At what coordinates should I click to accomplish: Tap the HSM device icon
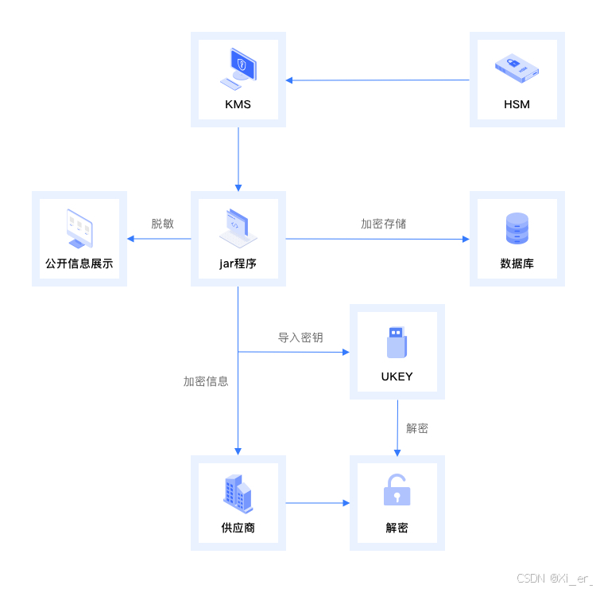pyautogui.click(x=517, y=68)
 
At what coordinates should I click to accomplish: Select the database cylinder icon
pyautogui.click(x=517, y=228)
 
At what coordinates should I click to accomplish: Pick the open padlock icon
pyautogui.click(x=397, y=490)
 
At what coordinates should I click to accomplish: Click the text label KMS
pyautogui.click(x=238, y=104)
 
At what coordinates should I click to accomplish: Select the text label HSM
pyautogui.click(x=517, y=104)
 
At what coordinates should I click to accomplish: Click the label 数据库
pyautogui.click(x=517, y=263)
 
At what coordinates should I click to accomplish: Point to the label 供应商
pyautogui.click(x=238, y=528)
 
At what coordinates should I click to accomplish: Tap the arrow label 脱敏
pyautogui.click(x=162, y=224)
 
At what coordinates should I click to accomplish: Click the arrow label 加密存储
pyautogui.click(x=383, y=224)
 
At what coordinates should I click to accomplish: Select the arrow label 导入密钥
pyautogui.click(x=300, y=337)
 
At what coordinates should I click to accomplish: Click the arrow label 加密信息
pyautogui.click(x=206, y=381)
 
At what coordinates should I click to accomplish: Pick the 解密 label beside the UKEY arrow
pyautogui.click(x=417, y=428)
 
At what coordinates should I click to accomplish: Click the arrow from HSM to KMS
pyautogui.click(x=377, y=80)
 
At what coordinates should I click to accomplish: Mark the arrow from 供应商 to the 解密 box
pyautogui.click(x=318, y=503)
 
